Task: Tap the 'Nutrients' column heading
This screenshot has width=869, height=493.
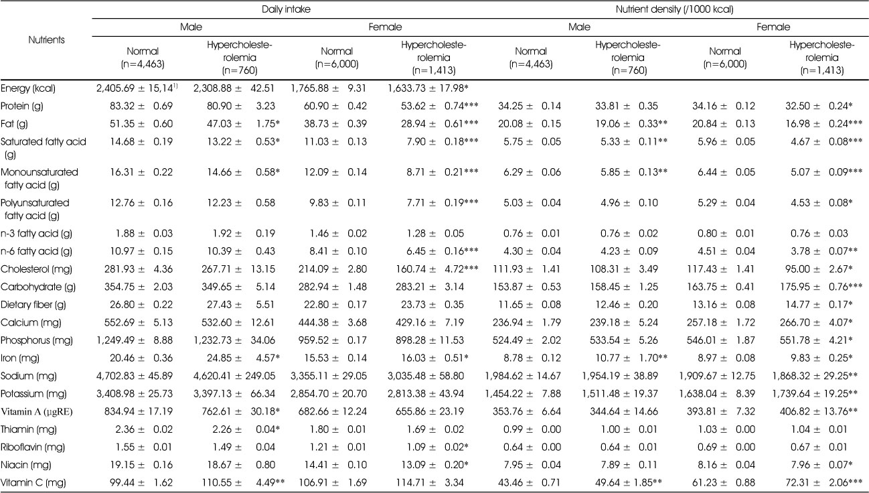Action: tap(46, 40)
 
